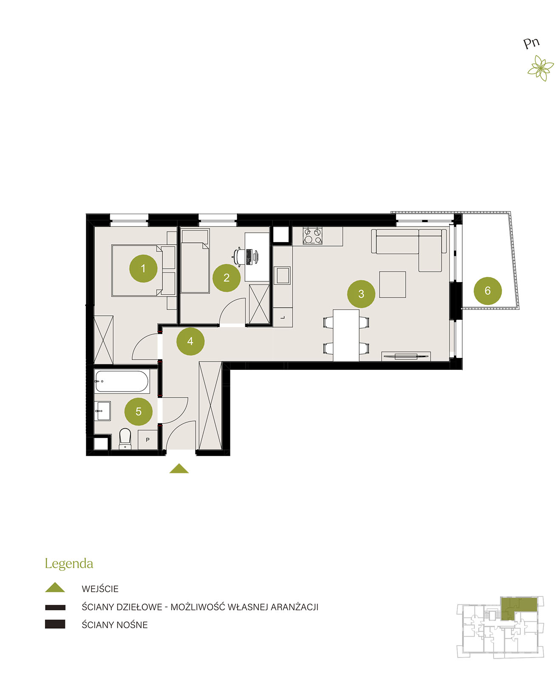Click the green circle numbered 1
pos(143,268)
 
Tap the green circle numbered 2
pos(227,278)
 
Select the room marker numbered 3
pos(361,294)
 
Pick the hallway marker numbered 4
pos(190,341)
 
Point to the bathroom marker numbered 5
pos(139,412)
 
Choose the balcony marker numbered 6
pos(488,291)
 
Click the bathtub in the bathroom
pos(122,381)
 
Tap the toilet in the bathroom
pos(125,438)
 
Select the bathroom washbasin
pos(102,411)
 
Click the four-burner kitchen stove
pos(312,235)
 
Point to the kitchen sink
pos(282,275)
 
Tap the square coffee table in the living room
pos(392,284)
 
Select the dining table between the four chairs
pos(346,335)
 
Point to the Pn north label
pos(531,43)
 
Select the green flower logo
pos(541,68)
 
